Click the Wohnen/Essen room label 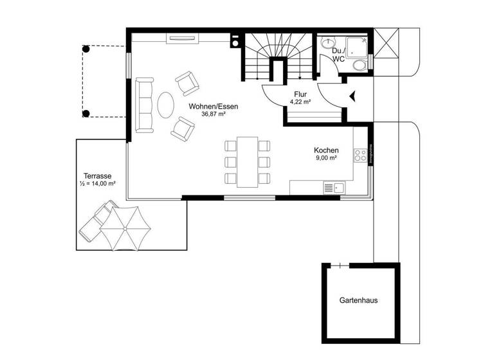click(209, 106)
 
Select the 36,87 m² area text click(209, 114)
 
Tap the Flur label click(300, 94)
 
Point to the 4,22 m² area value click(300, 102)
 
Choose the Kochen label click(326, 150)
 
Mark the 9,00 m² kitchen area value click(326, 158)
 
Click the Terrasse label click(98, 175)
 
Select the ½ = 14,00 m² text click(98, 184)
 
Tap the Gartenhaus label click(360, 300)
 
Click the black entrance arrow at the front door click(352, 96)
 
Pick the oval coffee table click(165, 105)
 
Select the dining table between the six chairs click(247, 161)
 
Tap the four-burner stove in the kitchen click(360, 155)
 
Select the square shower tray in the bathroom click(356, 44)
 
